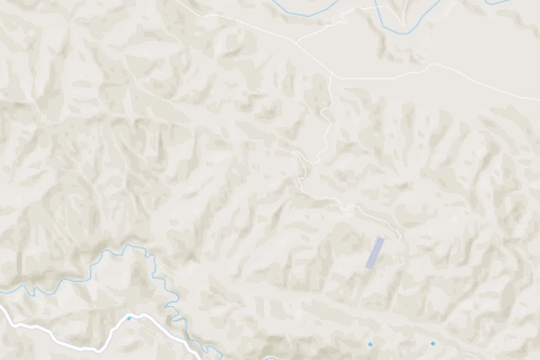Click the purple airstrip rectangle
tap(374, 253)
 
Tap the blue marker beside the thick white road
tap(128, 319)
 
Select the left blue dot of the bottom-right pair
tap(369, 344)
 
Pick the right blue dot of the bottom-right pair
tap(433, 344)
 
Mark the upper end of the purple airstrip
tap(380, 239)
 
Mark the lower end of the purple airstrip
tap(368, 267)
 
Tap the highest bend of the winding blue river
tap(131, 247)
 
